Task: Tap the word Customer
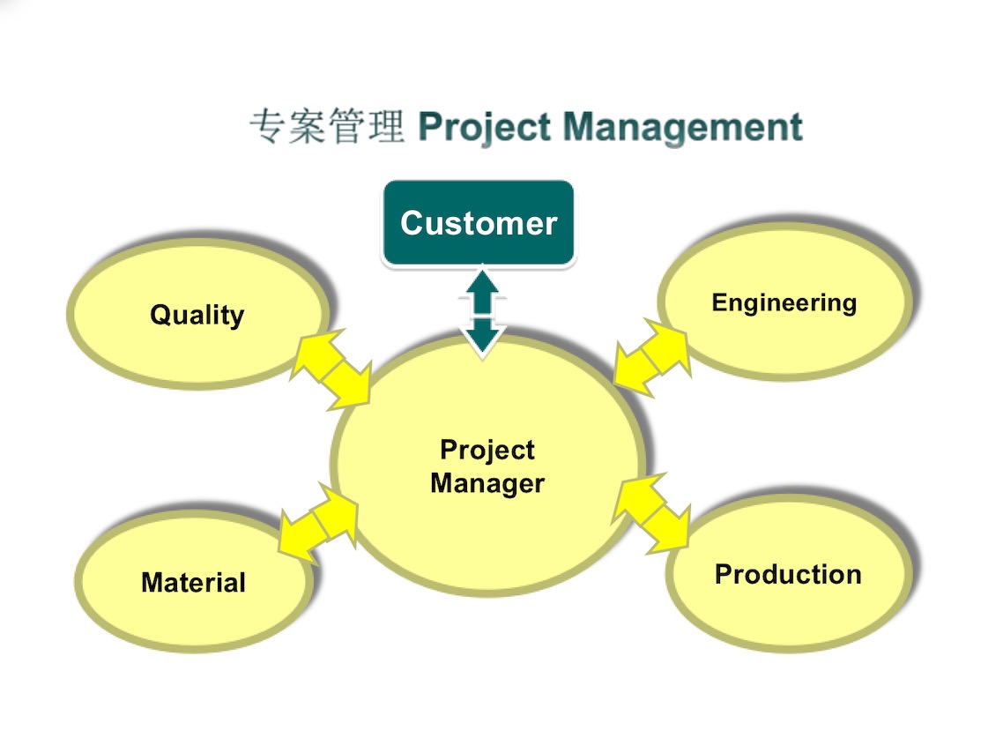point(479,223)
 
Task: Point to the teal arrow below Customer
point(481,313)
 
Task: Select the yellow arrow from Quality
point(331,369)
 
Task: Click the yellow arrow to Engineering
point(652,357)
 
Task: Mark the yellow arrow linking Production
point(652,514)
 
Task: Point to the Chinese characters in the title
point(326,128)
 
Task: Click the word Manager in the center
point(487,483)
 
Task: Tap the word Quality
point(197,315)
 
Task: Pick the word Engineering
point(784,303)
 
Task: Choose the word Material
point(193,583)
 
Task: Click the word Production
point(788,574)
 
